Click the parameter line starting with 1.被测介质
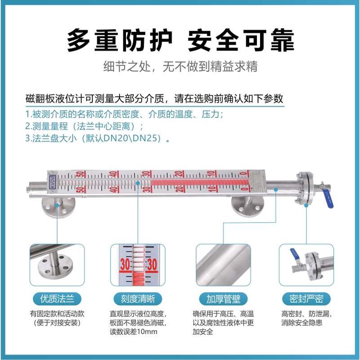coord(124,114)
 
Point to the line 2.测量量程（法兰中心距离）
coord(86,126)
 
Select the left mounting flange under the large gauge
coord(58,206)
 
